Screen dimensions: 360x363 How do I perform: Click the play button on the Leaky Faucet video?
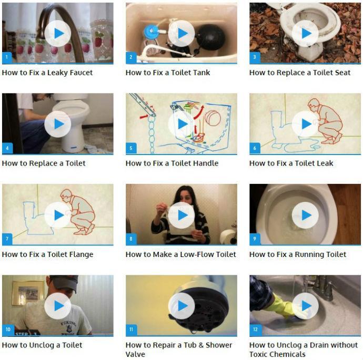57,34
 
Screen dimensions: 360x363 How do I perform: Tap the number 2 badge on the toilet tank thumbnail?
131,57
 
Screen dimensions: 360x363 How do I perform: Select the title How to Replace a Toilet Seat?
299,73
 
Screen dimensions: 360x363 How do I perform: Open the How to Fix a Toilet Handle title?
172,163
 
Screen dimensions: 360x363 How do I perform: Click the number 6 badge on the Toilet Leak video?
255,148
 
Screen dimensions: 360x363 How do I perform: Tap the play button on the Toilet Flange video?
57,215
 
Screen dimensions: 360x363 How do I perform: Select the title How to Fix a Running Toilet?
297,254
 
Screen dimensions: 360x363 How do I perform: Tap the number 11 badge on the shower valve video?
131,330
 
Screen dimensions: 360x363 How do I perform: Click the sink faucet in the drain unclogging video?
321,286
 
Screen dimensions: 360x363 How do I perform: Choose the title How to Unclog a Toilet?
42,345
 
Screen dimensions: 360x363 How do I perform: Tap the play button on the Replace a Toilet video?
57,124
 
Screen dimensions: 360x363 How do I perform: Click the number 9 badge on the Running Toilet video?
255,239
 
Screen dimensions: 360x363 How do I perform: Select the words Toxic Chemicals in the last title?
277,354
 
